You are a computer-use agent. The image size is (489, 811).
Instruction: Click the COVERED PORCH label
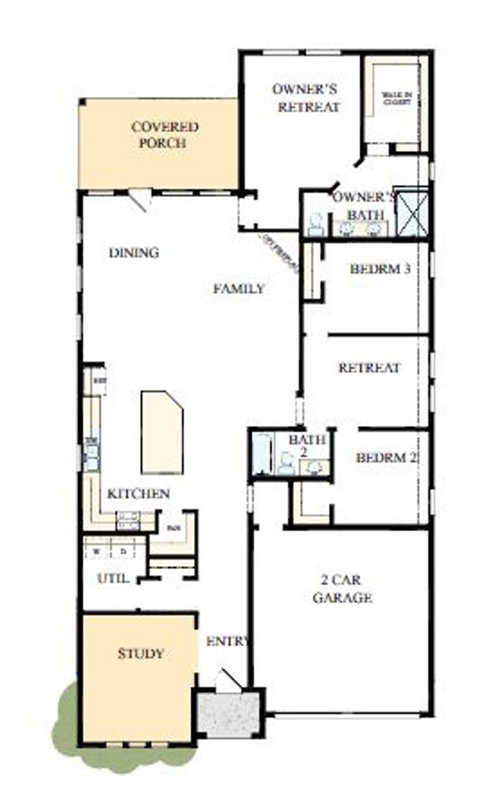click(x=165, y=135)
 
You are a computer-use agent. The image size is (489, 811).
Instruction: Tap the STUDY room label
click(x=141, y=653)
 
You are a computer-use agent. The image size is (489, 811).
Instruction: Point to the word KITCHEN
click(x=138, y=494)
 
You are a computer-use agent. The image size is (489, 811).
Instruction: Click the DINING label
click(x=134, y=253)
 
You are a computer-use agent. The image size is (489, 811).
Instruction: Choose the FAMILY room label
click(x=238, y=288)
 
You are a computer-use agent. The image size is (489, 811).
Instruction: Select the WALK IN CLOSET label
click(x=396, y=98)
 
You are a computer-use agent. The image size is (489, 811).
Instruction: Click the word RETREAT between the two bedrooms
click(x=369, y=368)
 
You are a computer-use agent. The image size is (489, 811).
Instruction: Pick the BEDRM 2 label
click(x=387, y=457)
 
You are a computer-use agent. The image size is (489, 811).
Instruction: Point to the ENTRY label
click(x=227, y=641)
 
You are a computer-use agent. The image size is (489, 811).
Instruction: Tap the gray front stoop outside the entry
click(x=229, y=712)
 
